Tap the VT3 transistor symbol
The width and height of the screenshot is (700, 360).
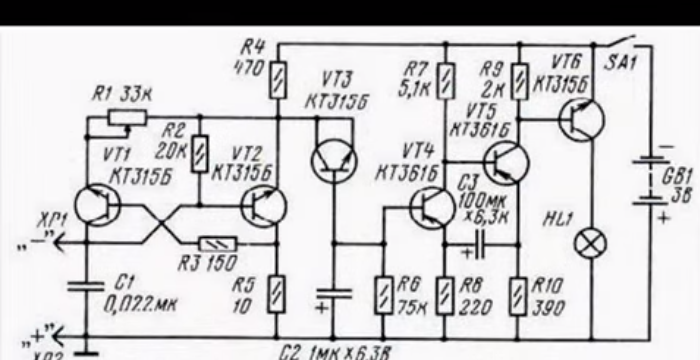333,161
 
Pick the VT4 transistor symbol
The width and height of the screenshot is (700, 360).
432,207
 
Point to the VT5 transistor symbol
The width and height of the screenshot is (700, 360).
504,162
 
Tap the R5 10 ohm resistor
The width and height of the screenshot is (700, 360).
275,294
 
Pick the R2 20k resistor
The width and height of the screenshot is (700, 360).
201,151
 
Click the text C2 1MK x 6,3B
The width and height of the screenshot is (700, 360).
336,351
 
